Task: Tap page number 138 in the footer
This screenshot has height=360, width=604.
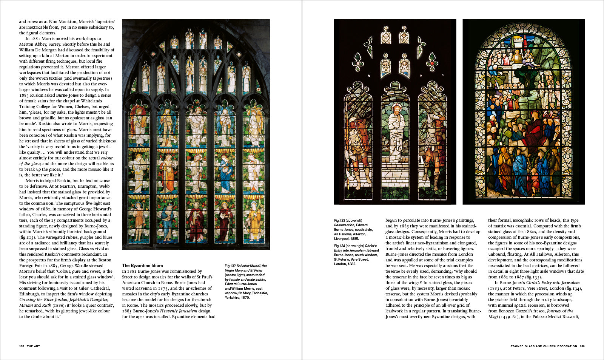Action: click(x=22, y=346)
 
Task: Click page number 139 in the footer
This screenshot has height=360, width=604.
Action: click(x=582, y=346)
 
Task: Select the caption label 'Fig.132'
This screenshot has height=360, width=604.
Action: click(x=230, y=266)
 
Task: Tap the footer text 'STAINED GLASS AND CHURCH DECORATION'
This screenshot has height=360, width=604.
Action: click(x=544, y=346)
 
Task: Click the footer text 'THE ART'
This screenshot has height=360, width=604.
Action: click(x=33, y=346)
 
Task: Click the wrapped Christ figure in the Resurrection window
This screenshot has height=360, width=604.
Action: click(x=395, y=132)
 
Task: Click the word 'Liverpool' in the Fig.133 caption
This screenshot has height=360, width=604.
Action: click(x=342, y=239)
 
